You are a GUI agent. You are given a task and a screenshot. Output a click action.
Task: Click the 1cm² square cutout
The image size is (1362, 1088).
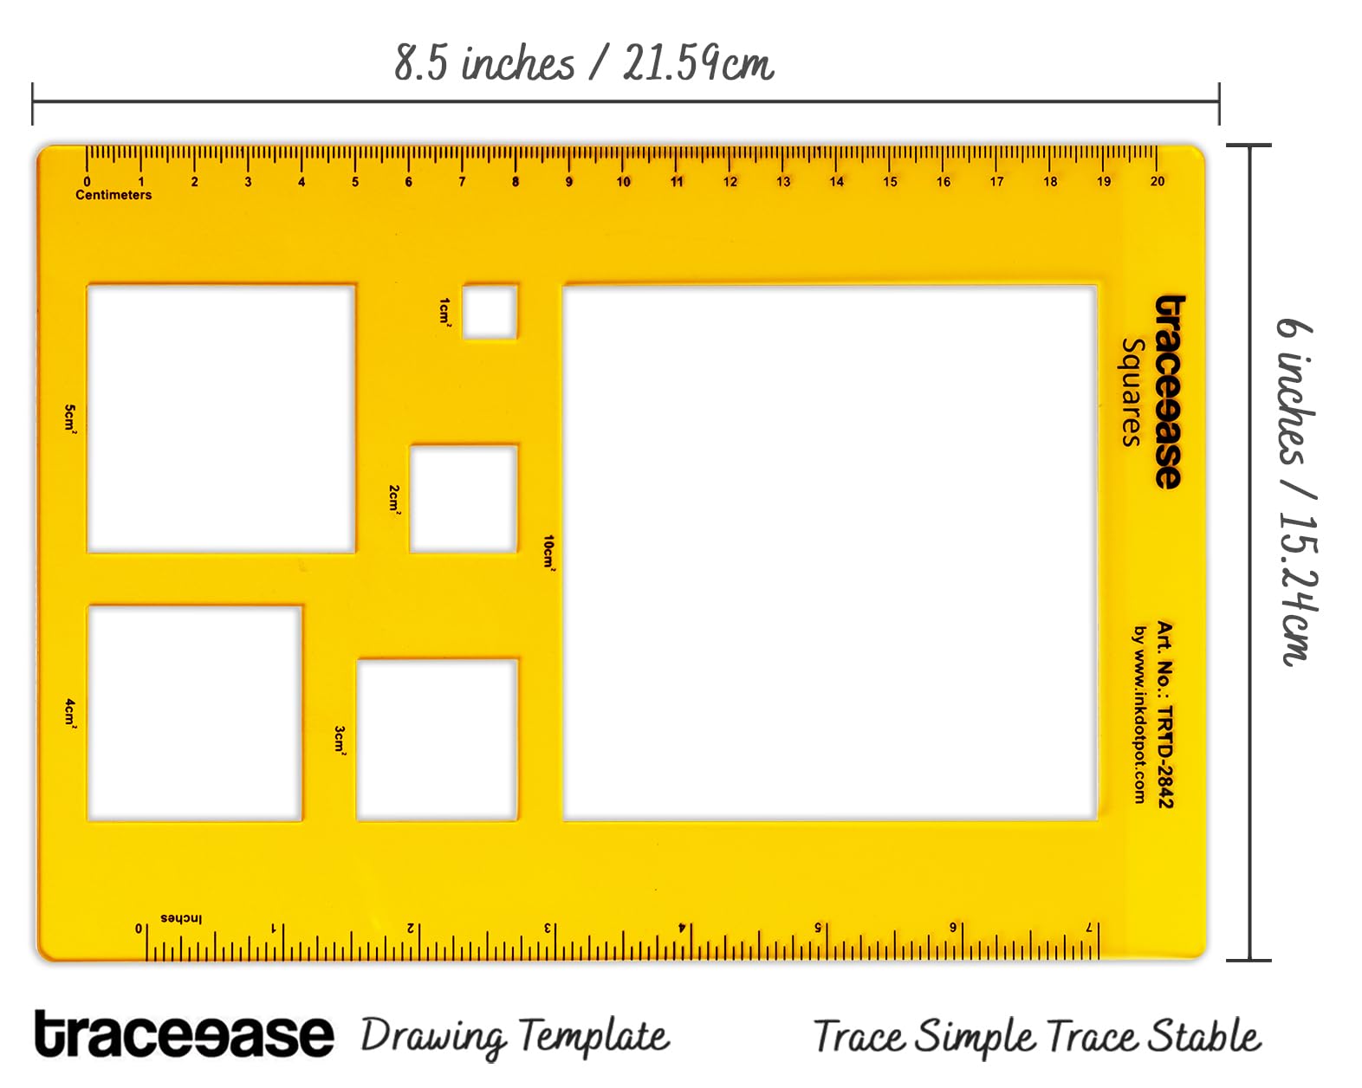tap(490, 311)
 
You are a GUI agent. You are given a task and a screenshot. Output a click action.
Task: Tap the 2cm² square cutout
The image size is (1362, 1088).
tap(464, 499)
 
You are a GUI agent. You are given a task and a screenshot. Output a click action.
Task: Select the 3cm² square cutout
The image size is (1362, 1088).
tap(438, 740)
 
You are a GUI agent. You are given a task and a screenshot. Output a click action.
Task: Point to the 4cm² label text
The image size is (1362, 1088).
tap(70, 715)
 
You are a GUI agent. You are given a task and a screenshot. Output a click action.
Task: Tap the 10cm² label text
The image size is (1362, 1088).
tap(549, 554)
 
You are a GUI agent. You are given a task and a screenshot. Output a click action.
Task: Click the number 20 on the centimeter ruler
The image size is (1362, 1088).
tap(1158, 182)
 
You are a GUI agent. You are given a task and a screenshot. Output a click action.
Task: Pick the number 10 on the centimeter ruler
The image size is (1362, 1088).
tap(624, 182)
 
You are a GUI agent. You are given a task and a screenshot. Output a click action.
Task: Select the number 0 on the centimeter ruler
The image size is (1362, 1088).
tap(88, 182)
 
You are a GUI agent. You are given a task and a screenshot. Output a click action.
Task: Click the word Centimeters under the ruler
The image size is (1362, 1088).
tap(114, 195)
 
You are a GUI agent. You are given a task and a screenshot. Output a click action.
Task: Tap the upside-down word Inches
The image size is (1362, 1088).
tap(182, 918)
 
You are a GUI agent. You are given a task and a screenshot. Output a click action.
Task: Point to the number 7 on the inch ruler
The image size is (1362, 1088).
tap(1088, 928)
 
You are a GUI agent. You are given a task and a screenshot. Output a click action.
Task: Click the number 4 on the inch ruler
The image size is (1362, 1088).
tap(682, 928)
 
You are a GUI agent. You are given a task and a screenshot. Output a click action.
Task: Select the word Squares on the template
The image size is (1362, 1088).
tap(1133, 392)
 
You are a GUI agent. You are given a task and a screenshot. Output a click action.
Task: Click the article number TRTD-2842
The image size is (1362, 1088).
tap(1165, 757)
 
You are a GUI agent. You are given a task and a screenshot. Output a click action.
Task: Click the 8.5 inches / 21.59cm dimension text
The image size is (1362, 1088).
tap(584, 63)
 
